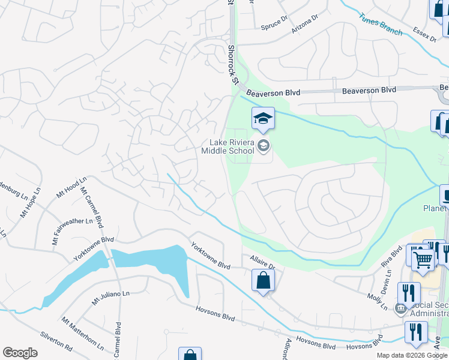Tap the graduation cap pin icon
[x=262, y=119]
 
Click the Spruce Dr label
[x=275, y=26]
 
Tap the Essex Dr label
[x=424, y=34]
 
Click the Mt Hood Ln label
[x=71, y=187]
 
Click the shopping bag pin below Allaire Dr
[x=263, y=280]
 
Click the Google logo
[x=20, y=353]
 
